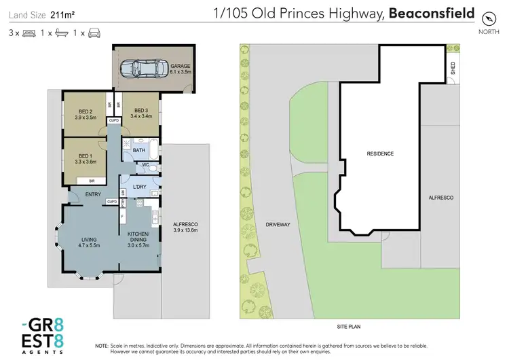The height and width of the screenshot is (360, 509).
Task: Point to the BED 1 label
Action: (x=84, y=158)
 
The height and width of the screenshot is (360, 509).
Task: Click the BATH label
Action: (x=139, y=150)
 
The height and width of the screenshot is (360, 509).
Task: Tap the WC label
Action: (x=145, y=165)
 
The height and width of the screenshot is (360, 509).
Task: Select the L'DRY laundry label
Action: (x=140, y=187)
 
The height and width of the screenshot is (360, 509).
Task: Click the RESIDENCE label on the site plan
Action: (x=380, y=154)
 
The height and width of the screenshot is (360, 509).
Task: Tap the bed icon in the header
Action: (x=29, y=33)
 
